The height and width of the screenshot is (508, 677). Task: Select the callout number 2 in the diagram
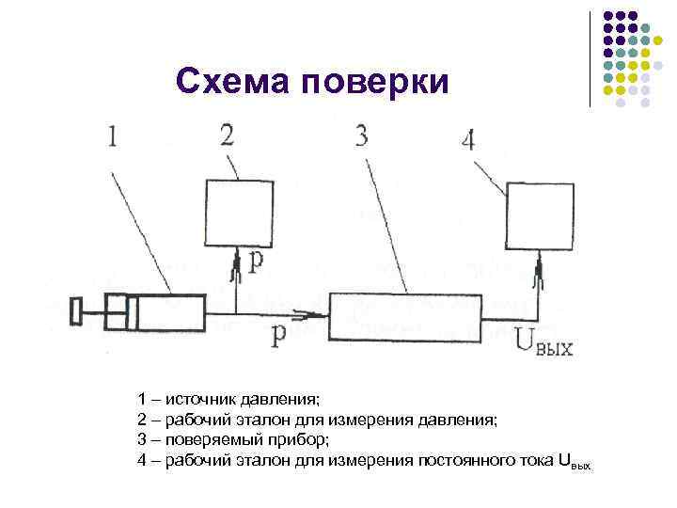pos(228,135)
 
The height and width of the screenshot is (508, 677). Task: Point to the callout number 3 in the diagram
pos(361,135)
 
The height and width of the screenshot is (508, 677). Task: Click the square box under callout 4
pos(540,215)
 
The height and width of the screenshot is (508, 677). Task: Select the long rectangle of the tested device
pos(402,316)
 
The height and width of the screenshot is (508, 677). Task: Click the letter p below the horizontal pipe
pos(278,337)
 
